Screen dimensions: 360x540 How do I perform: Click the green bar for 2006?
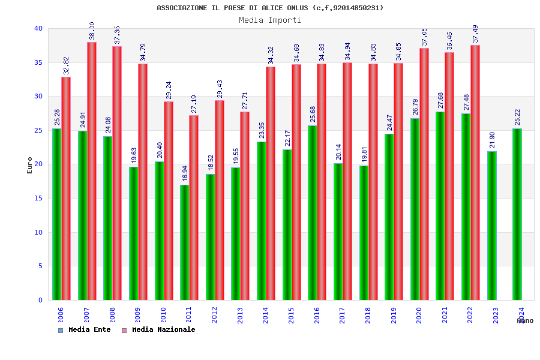pos(56,214)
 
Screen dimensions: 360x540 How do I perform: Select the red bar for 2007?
pos(92,171)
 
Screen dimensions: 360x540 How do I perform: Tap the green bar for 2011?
pos(184,242)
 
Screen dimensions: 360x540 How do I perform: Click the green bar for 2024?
pos(517,214)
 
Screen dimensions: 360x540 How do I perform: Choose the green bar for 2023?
pos(491,226)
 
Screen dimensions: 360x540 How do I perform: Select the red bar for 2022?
pos(475,172)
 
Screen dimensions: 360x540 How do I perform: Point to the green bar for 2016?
pos(312,212)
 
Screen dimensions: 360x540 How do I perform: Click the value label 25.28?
pos(58,118)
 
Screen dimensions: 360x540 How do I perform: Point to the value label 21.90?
pos(493,140)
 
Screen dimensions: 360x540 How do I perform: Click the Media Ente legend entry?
pos(85,330)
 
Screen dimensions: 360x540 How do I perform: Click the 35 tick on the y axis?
pos(38,62)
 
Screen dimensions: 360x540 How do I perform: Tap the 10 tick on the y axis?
pos(38,232)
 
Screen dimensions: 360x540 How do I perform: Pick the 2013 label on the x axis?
pos(240,315)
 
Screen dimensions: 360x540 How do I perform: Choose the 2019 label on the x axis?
pos(394,315)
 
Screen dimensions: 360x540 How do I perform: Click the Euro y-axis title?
pos(30,165)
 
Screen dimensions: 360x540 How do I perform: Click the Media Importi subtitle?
pos(270,20)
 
